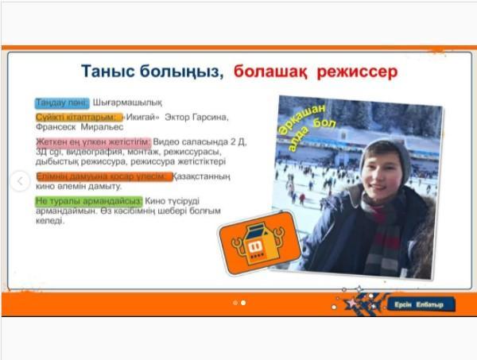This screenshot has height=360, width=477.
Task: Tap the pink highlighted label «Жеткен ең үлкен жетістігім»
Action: [x=87, y=141]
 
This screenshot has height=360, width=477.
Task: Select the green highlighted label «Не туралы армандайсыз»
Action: [x=88, y=201]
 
